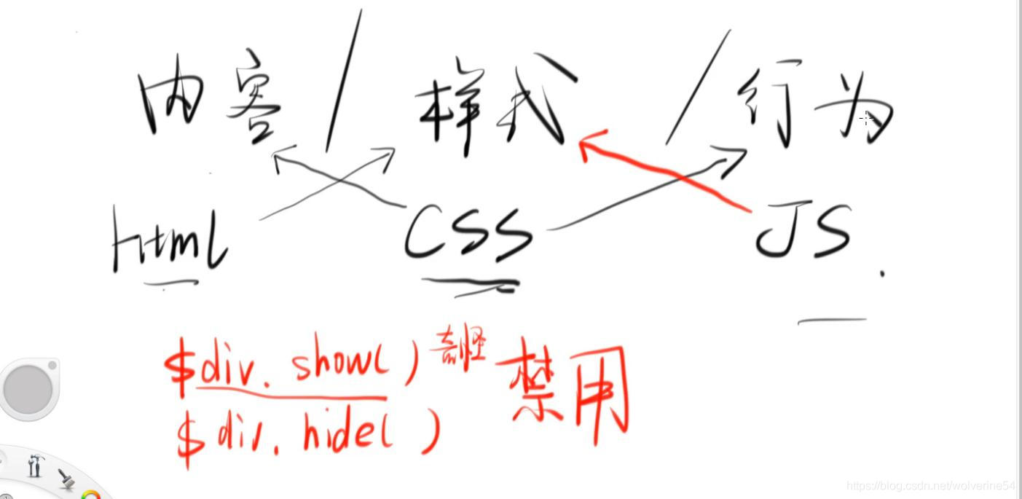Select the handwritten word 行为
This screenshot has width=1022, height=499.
pos(812,106)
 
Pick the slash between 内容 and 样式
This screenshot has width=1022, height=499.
pos(344,80)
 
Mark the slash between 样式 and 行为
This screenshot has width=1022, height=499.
pos(697,87)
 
